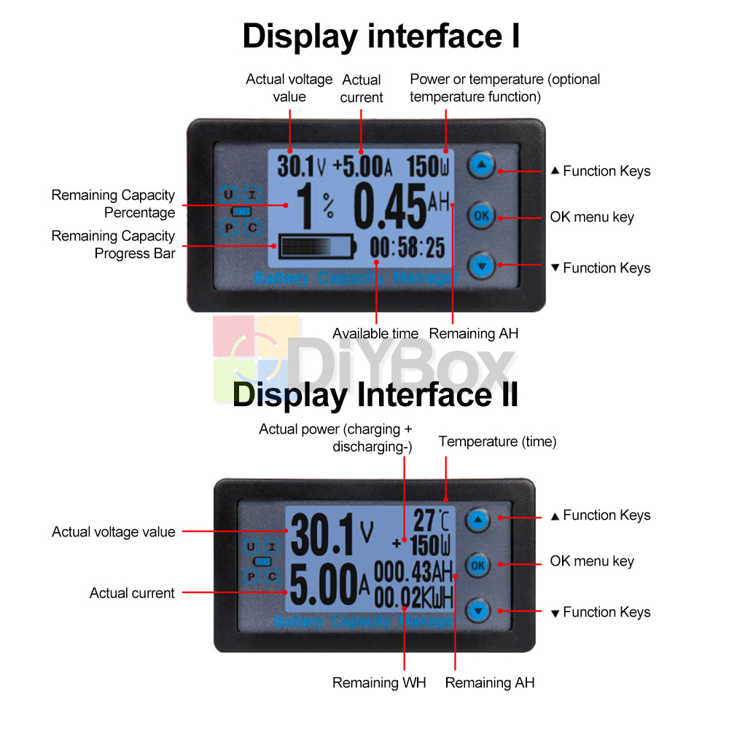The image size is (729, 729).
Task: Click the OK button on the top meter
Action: pyautogui.click(x=481, y=215)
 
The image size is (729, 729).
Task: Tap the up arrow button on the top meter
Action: pyautogui.click(x=481, y=165)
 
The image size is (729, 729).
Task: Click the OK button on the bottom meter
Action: pyautogui.click(x=477, y=566)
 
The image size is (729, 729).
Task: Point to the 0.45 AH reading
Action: pyautogui.click(x=402, y=206)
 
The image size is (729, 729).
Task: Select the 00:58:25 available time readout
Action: pyautogui.click(x=408, y=247)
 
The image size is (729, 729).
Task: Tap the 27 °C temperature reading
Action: pyautogui.click(x=431, y=521)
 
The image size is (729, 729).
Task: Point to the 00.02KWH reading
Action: pyautogui.click(x=413, y=598)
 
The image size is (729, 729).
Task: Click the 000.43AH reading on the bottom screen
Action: pyautogui.click(x=413, y=572)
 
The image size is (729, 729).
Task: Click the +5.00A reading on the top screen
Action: pyautogui.click(x=362, y=166)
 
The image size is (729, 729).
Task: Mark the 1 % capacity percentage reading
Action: pyautogui.click(x=315, y=206)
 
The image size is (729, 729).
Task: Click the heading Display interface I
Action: pyautogui.click(x=381, y=36)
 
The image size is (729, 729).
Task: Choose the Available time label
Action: pyautogui.click(x=375, y=333)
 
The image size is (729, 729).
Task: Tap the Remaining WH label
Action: pyautogui.click(x=379, y=682)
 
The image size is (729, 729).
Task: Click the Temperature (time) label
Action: pyautogui.click(x=497, y=441)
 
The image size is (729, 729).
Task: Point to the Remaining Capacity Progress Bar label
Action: pyautogui.click(x=114, y=244)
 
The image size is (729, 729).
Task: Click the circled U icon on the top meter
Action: pyautogui.click(x=227, y=195)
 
